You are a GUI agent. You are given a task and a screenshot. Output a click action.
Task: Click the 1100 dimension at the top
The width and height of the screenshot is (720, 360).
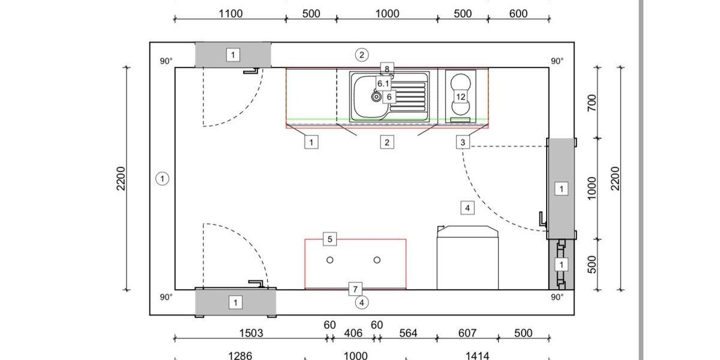pyautogui.click(x=230, y=14)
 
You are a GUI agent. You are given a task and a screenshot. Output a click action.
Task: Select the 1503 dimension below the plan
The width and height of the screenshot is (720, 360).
pyautogui.click(x=251, y=334)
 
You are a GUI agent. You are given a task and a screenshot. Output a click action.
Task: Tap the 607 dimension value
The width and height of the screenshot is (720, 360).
pyautogui.click(x=467, y=334)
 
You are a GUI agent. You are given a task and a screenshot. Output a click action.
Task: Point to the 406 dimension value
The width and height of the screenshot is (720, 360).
pyautogui.click(x=353, y=334)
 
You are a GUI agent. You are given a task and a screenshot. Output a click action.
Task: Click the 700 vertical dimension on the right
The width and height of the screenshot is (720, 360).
pyautogui.click(x=592, y=103)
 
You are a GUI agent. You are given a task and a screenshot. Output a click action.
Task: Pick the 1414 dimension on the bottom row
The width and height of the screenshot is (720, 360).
pyautogui.click(x=478, y=355)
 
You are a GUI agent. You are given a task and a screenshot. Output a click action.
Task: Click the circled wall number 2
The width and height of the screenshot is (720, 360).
pyautogui.click(x=362, y=55)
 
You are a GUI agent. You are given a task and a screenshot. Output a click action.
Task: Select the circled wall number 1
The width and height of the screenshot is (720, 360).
pyautogui.click(x=163, y=179)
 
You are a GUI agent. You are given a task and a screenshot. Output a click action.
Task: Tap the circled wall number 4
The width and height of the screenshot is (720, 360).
pyautogui.click(x=362, y=302)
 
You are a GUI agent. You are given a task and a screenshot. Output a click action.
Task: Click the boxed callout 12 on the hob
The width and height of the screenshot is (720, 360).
pyautogui.click(x=461, y=97)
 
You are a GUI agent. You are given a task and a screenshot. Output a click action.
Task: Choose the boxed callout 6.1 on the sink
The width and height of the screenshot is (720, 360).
pyautogui.click(x=383, y=83)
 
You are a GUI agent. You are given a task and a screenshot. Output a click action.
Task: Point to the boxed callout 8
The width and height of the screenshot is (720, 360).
pyautogui.click(x=387, y=69)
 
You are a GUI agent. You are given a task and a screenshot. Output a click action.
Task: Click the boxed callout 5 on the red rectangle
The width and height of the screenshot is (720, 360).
pyautogui.click(x=330, y=239)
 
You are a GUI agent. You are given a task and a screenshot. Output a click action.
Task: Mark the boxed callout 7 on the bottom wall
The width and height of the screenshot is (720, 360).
pyautogui.click(x=355, y=289)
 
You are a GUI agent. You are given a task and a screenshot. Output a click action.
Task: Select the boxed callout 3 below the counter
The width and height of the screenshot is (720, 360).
pyautogui.click(x=463, y=142)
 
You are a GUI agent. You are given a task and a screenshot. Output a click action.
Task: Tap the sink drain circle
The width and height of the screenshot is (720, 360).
pyautogui.click(x=376, y=97)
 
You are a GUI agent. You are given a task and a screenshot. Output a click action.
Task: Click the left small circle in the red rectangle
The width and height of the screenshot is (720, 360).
pyautogui.click(x=330, y=260)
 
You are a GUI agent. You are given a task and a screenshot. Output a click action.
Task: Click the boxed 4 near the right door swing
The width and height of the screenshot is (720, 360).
pyautogui.click(x=467, y=208)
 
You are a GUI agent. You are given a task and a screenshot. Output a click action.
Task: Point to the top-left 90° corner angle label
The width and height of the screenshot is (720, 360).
pyautogui.click(x=166, y=61)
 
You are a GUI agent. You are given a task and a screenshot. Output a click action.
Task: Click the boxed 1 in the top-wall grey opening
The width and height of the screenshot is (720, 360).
pyautogui.click(x=233, y=55)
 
